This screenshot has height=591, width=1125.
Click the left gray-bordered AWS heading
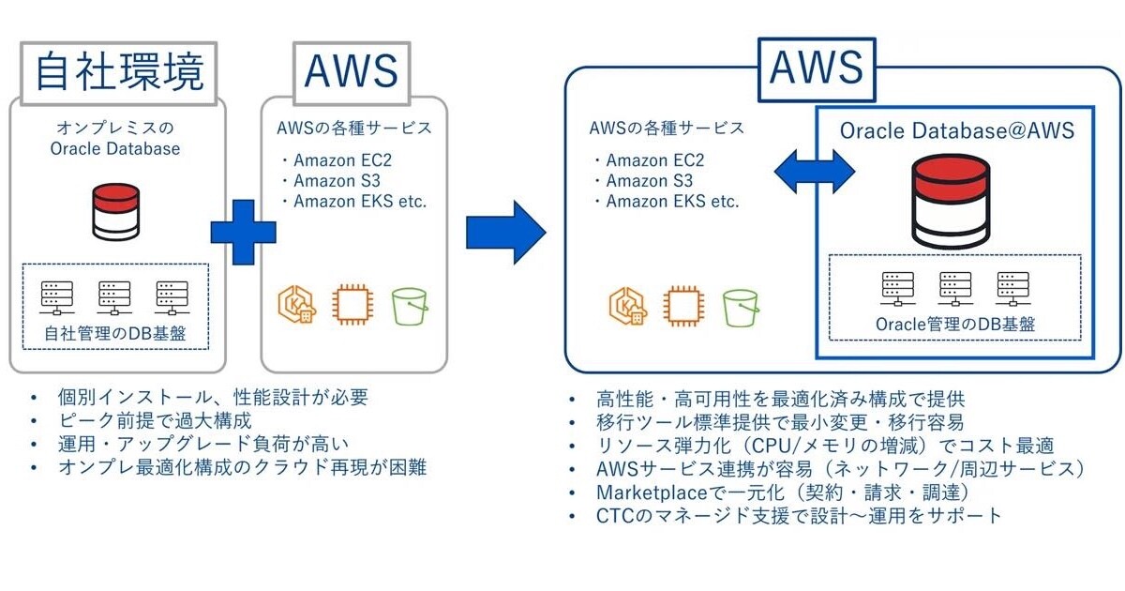point(352,71)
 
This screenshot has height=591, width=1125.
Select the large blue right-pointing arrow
point(505,231)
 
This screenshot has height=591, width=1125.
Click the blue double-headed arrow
point(814,171)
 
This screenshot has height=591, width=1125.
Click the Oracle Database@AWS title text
point(956,131)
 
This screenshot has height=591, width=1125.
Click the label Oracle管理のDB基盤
point(955,324)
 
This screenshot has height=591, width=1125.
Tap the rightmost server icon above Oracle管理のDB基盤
point(1012,289)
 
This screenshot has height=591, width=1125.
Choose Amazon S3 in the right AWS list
point(649,180)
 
